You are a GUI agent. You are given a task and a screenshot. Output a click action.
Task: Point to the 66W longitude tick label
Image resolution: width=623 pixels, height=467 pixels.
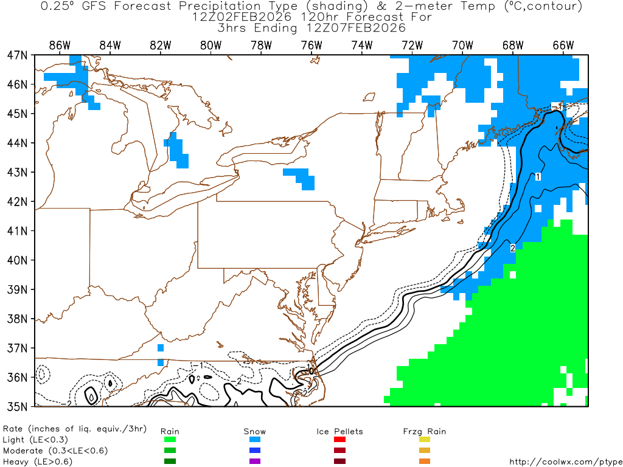563,45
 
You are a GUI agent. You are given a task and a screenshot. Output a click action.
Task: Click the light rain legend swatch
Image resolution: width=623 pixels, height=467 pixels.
169,440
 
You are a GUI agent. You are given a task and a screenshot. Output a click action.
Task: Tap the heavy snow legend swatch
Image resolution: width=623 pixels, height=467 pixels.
255,462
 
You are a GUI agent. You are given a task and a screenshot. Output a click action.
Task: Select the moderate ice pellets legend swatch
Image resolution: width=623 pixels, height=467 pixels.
339,451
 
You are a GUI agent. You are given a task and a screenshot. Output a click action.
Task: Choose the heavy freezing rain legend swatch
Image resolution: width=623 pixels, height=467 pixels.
425,462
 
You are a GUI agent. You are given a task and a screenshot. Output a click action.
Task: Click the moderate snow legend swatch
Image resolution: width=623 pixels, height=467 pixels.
255,451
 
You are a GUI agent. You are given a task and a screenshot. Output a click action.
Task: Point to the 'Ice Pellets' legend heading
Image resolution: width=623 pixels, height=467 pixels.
339,431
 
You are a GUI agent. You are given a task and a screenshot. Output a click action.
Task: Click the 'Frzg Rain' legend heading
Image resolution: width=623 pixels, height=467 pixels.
425,431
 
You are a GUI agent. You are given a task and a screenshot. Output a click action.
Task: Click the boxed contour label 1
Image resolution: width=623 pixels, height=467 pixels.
538,176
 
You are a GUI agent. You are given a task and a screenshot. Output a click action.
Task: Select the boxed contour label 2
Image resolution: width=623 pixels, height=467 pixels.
513,248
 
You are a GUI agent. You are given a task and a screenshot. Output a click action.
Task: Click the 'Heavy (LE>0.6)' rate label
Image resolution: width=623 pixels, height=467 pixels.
38,462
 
